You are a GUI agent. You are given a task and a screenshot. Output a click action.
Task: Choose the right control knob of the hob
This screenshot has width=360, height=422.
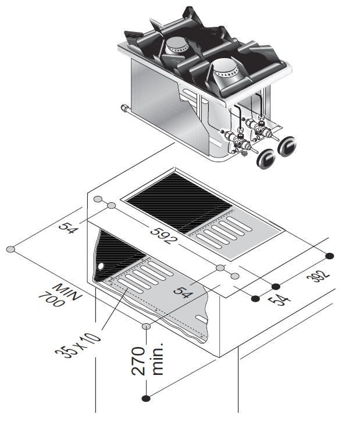[x=287, y=146]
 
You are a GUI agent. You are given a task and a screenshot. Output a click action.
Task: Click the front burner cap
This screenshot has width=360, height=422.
[x=224, y=71]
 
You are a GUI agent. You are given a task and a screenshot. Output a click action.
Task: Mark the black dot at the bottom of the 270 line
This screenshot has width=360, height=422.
[x=145, y=398]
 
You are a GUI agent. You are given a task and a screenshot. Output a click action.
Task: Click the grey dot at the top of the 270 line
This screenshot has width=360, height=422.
[x=145, y=327]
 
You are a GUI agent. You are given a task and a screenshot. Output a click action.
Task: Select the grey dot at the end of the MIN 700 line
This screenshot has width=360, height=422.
[x=10, y=249]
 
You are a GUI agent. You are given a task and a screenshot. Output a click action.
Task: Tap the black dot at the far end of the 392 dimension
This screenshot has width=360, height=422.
[x=330, y=256]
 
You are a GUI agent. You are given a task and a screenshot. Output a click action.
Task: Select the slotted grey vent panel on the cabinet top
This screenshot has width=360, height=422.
[x=223, y=235]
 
